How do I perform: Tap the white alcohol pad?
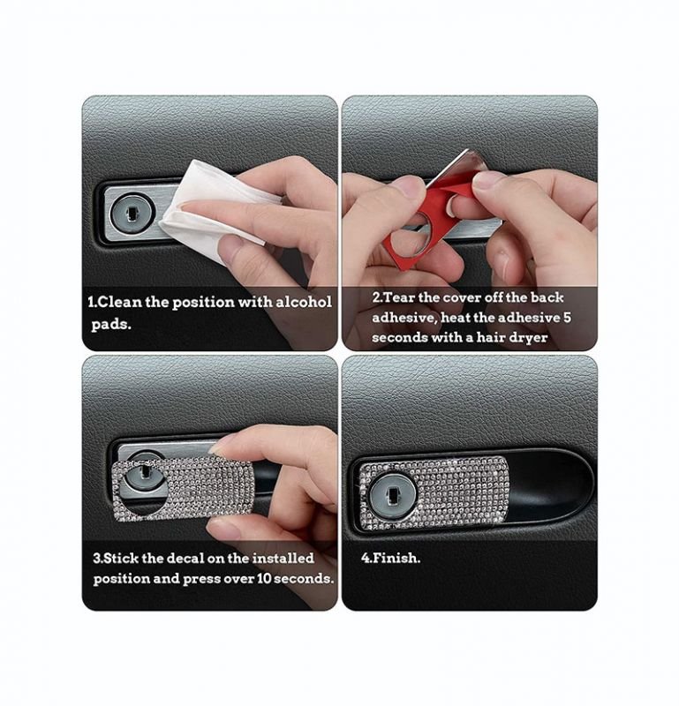pos(212,207)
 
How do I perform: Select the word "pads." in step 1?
pos(111,325)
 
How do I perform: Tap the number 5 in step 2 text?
pos(567,318)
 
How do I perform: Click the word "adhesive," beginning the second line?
pos(404,318)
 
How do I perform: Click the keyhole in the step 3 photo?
pos(144,477)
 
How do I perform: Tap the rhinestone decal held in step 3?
pos(183,490)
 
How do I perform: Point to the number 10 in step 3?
pos(264,579)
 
